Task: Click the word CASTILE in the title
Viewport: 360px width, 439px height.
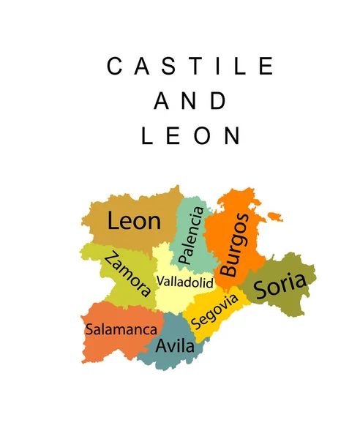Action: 190,67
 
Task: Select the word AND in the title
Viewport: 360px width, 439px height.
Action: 190,101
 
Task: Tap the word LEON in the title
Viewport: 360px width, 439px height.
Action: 190,135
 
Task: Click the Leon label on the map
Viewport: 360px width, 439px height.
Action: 134,220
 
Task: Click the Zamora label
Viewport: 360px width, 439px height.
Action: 128,274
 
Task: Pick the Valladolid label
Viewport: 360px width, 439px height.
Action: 184,282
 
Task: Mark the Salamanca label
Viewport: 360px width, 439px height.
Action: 121,329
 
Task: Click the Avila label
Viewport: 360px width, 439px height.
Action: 176,345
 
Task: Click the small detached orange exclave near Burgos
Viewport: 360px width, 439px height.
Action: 274,216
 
